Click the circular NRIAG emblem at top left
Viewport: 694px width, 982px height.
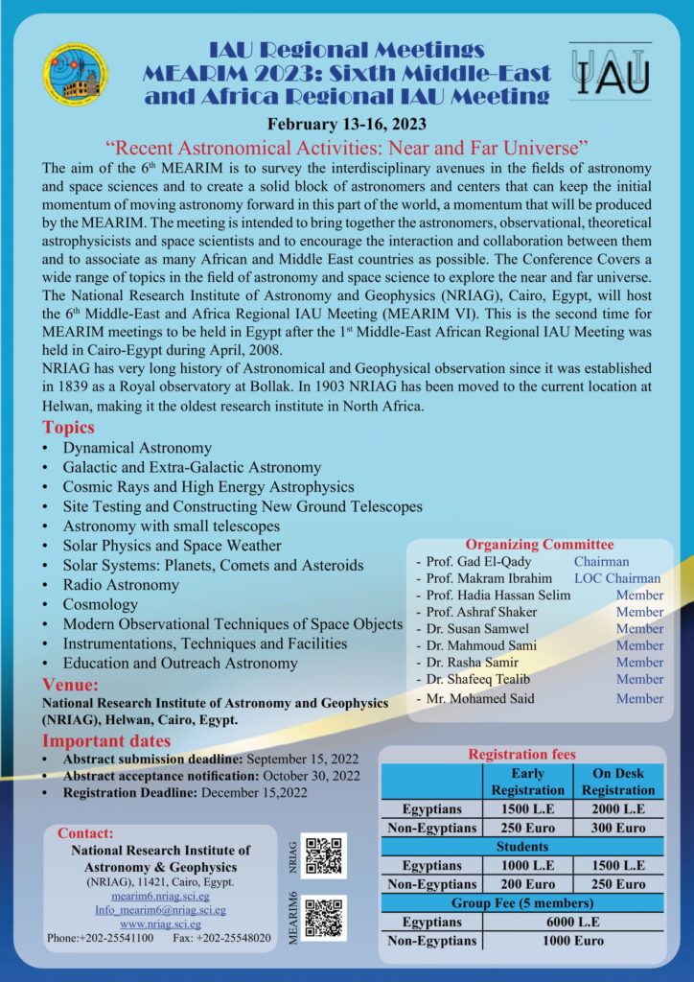pyautogui.click(x=75, y=76)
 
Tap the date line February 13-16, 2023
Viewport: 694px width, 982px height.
pyautogui.click(x=346, y=124)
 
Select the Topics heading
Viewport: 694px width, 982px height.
pyautogui.click(x=69, y=428)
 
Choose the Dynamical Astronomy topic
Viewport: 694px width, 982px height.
pyautogui.click(x=137, y=448)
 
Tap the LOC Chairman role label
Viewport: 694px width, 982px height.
pyautogui.click(x=616, y=578)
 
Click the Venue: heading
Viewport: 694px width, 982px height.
pyautogui.click(x=70, y=685)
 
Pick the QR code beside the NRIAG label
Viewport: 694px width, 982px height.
pyautogui.click(x=323, y=854)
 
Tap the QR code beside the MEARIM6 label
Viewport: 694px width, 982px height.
pyautogui.click(x=323, y=918)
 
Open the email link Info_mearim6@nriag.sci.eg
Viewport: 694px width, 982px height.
pyautogui.click(x=160, y=909)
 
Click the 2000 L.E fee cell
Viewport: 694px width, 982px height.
pyautogui.click(x=617, y=808)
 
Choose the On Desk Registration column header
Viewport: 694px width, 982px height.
pyautogui.click(x=617, y=782)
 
